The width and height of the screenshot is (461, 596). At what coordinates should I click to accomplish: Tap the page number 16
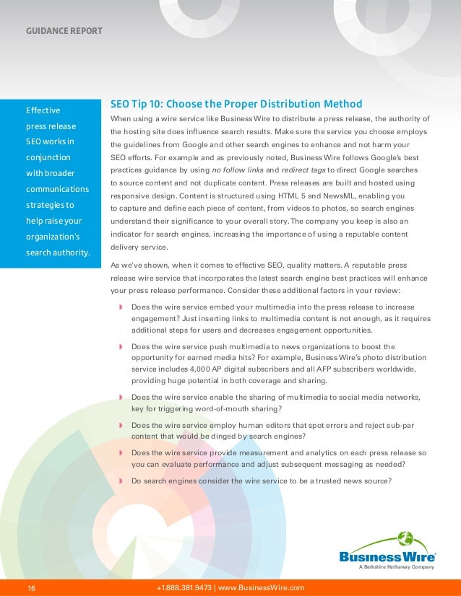[x=32, y=588]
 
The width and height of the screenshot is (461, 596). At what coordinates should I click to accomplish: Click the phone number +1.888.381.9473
[x=184, y=588]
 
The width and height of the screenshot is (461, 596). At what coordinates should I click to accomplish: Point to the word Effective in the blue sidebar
[x=43, y=111]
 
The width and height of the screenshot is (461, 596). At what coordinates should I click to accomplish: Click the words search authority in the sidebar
[x=58, y=253]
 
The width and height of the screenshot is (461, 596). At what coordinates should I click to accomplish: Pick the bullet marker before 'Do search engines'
[x=120, y=481]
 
